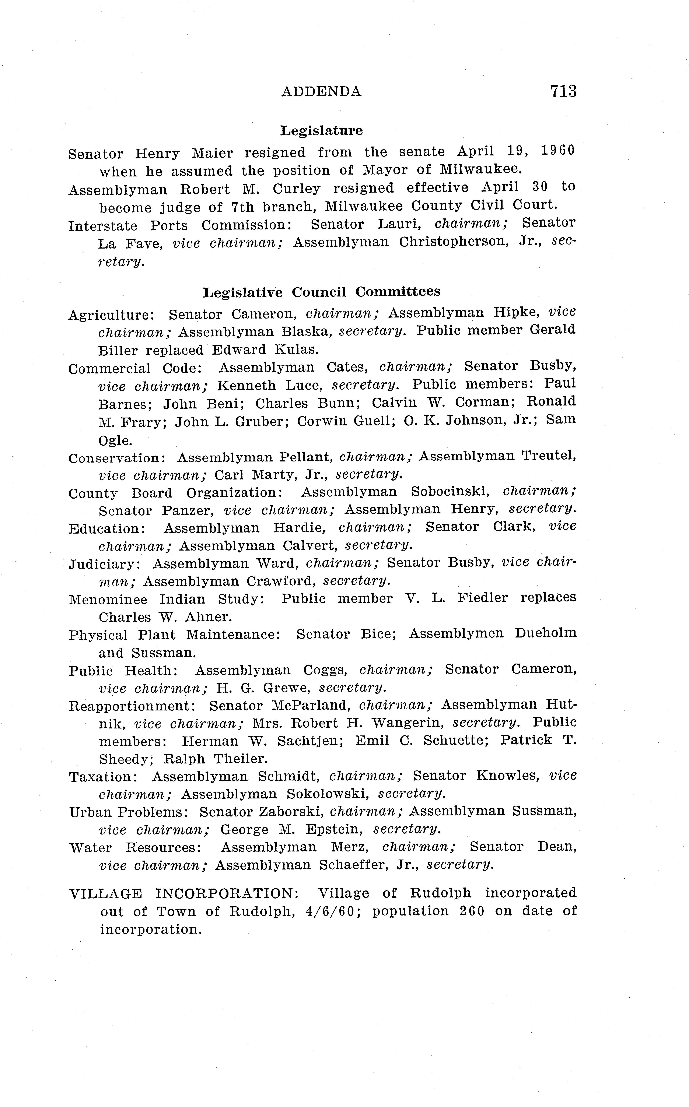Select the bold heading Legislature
(x=321, y=131)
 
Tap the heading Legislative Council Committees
(x=321, y=292)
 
